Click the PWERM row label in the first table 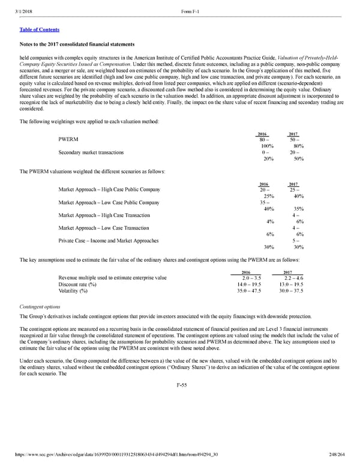pos(68,139)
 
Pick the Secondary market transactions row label pos(91,152)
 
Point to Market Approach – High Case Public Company pos(109,190)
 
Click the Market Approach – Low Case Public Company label pos(109,202)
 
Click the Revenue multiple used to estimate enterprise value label pos(112,278)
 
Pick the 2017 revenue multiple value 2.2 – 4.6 pos(291,278)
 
